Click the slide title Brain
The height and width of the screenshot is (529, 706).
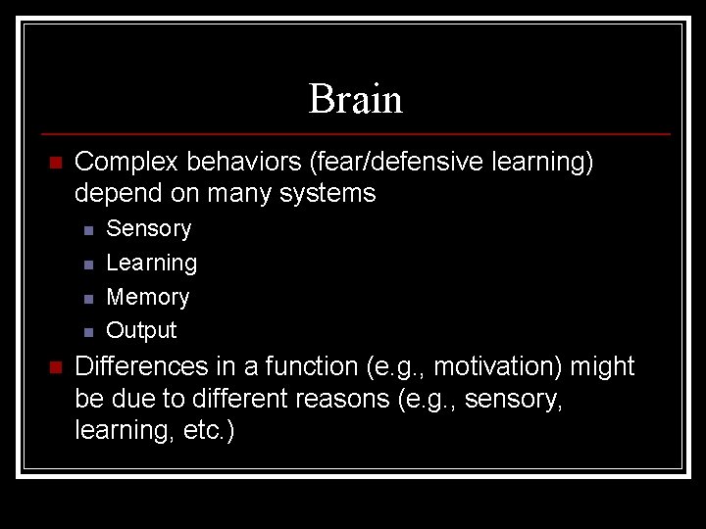355,99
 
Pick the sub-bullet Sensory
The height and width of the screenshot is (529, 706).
148,229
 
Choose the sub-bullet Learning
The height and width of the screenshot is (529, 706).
151,264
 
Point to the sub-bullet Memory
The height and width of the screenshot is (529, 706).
147,297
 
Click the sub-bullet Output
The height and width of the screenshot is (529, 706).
141,330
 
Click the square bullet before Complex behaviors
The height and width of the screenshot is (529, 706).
55,163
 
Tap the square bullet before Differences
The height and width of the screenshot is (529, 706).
55,367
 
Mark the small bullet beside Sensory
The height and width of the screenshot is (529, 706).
88,230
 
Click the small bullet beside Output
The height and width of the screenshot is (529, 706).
88,331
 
